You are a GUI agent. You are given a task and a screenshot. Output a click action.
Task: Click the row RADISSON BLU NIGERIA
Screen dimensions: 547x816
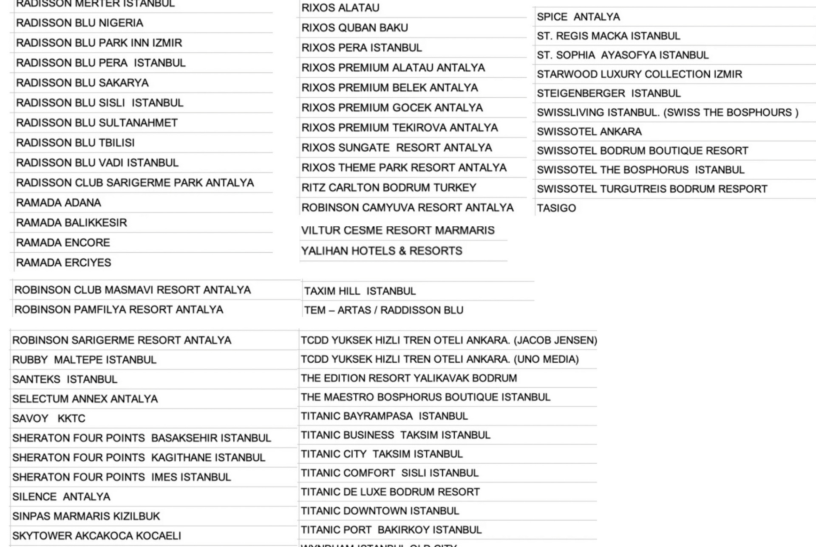click(79, 23)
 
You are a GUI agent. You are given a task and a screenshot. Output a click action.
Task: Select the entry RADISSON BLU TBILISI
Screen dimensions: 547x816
click(75, 143)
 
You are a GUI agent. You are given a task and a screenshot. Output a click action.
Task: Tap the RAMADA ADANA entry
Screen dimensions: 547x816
click(59, 203)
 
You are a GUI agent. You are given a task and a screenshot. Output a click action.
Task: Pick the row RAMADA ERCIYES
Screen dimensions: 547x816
click(64, 262)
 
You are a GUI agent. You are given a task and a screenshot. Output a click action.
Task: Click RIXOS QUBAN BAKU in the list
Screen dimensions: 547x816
click(354, 28)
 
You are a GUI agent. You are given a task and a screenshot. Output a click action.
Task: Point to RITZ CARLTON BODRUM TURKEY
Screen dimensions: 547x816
click(388, 188)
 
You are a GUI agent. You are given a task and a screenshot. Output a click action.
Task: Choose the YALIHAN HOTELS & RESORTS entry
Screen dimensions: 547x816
click(381, 251)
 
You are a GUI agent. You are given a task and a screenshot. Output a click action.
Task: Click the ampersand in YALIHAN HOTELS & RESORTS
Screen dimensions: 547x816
click(402, 251)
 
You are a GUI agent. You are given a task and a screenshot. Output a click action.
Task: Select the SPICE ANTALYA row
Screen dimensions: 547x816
click(578, 17)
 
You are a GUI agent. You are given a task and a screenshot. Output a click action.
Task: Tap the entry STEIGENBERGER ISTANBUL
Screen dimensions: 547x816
click(608, 93)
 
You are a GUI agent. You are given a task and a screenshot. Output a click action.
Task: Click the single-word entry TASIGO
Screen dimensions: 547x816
click(556, 208)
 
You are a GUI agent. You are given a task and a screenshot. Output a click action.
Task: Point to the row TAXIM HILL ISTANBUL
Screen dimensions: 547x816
click(360, 291)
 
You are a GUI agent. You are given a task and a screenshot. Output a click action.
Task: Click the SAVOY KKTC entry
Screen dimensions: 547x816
click(49, 419)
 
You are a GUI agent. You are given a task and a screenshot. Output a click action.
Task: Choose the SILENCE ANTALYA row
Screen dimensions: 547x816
click(61, 497)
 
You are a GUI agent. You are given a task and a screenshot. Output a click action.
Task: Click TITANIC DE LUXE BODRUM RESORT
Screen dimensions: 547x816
click(390, 492)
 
